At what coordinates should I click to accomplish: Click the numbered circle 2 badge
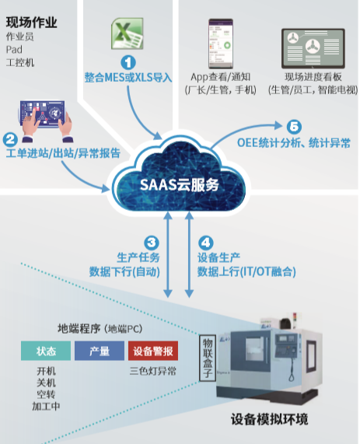coord(11,140)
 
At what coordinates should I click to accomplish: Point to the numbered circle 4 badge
coord(205,242)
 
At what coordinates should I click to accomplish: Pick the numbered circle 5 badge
coord(292,127)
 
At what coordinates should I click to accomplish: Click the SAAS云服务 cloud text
coord(179,185)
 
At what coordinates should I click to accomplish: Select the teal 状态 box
coord(45,351)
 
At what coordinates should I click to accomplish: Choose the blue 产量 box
coord(100,351)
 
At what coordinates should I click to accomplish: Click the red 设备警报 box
coord(152,351)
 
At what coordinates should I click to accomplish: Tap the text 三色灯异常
coord(152,371)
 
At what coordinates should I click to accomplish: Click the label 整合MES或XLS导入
coord(128,77)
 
